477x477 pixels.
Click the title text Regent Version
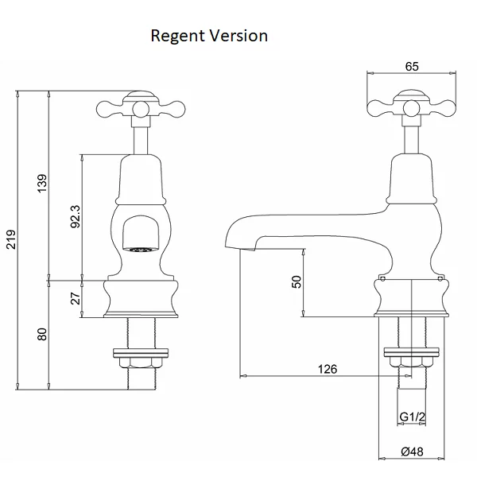(209, 37)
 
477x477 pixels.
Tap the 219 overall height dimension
(10, 240)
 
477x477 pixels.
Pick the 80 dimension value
(43, 334)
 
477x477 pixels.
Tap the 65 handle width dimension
(411, 66)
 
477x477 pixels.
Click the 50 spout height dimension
(297, 282)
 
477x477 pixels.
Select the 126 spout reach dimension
(327, 369)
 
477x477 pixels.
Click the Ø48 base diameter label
(411, 452)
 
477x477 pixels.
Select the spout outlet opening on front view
(140, 249)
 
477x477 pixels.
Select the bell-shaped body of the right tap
(410, 179)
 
